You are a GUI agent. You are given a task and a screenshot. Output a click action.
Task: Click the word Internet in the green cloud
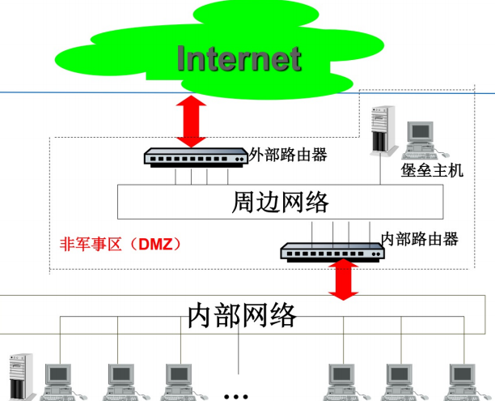coord(239,58)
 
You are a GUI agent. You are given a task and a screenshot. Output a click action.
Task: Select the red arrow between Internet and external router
coord(192,121)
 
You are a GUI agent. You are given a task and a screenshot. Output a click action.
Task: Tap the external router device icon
coord(195,156)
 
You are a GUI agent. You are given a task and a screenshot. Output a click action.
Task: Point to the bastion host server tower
coord(380,130)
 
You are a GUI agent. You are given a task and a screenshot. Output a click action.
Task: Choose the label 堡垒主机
coord(432,171)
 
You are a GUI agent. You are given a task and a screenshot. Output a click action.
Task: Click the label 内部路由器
coord(420,239)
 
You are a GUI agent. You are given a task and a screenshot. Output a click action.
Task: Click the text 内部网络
coord(242,314)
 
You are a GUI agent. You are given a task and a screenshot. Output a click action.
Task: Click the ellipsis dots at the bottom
coord(236,396)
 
